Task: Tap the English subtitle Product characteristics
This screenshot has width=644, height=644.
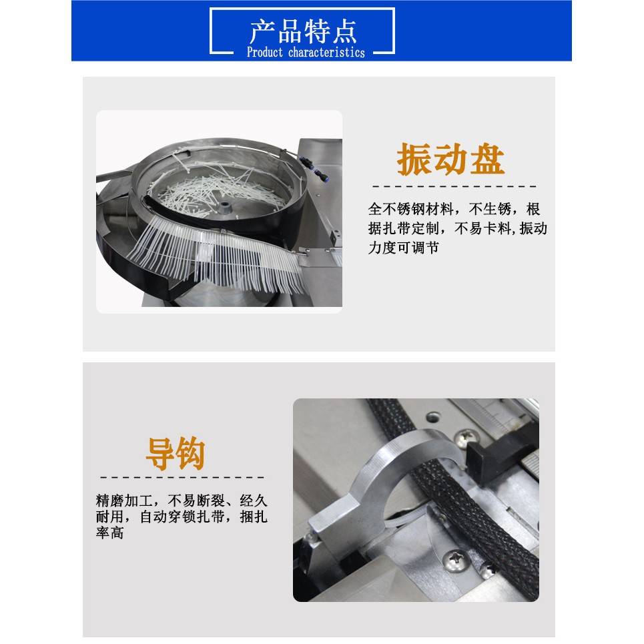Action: coord(306,53)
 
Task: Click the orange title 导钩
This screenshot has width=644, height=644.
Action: coord(175,454)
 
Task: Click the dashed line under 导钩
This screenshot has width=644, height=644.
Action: coord(182,477)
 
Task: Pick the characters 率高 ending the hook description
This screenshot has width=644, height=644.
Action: coord(109,533)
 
